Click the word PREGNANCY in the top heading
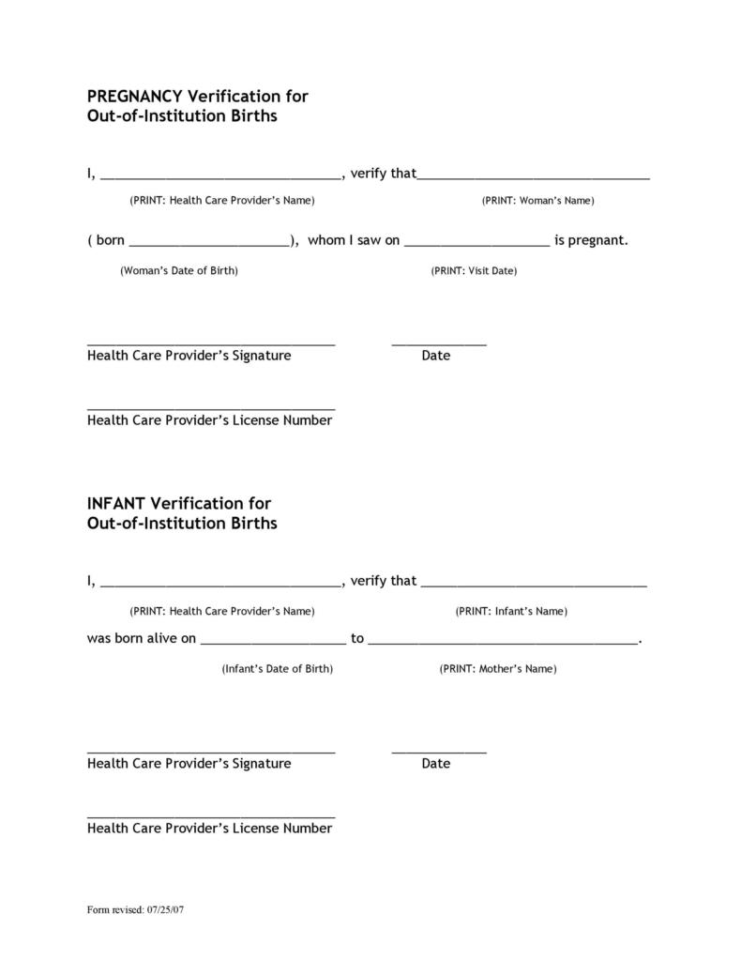tap(136, 97)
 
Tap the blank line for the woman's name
tap(534, 176)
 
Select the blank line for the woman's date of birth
tap(210, 244)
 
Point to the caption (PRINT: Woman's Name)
tap(537, 201)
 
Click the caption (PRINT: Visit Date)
tap(474, 271)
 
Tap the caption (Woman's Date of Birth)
tap(178, 271)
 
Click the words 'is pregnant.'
tap(591, 240)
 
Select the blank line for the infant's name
tap(534, 584)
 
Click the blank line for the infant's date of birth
tap(273, 643)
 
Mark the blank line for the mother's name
tap(503, 643)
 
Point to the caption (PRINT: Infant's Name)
tap(511, 612)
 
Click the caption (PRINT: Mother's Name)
tap(497, 669)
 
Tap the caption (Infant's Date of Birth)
tap(278, 669)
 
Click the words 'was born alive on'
tap(142, 639)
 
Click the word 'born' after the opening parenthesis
tap(111, 240)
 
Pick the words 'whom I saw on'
tap(354, 240)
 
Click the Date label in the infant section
tap(436, 764)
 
